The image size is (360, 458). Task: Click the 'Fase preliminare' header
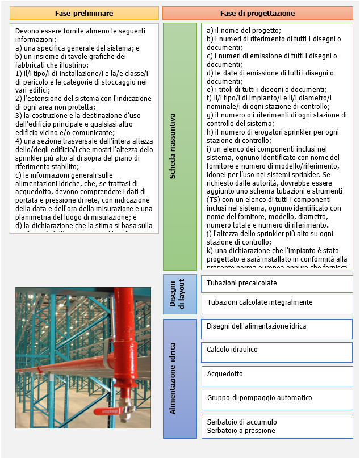click(84, 13)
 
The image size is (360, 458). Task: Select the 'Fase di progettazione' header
click(257, 13)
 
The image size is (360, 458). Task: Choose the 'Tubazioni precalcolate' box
click(277, 283)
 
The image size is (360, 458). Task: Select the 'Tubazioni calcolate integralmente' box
click(277, 303)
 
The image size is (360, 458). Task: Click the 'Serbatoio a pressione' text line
click(241, 431)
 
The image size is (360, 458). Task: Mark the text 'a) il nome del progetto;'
click(244, 31)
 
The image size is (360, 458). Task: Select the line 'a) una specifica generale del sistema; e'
click(77, 48)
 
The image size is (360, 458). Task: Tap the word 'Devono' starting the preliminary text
click(27, 31)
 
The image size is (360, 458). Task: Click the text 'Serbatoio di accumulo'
click(242, 422)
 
